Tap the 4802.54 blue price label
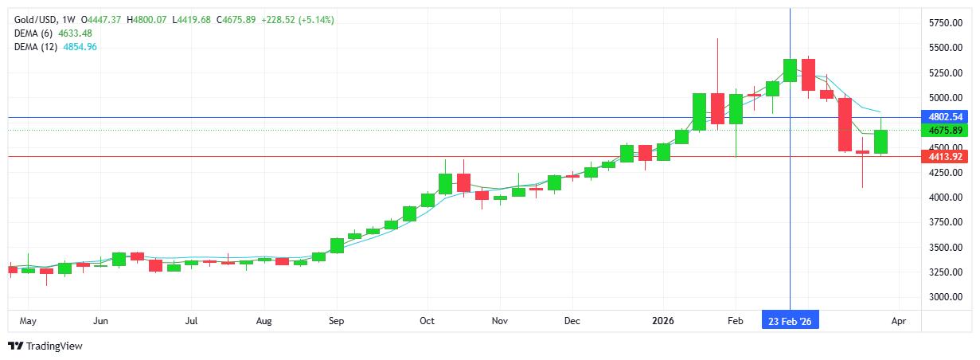tap(946, 117)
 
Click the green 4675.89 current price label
tap(946, 130)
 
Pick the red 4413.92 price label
tap(946, 157)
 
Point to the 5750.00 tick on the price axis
tap(946, 23)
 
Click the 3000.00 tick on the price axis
tap(946, 297)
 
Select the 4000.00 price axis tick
tap(946, 198)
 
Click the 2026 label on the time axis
tap(662, 321)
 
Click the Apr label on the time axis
tap(898, 321)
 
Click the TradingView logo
tap(45, 346)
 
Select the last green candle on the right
tap(880, 142)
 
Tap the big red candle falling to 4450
tap(845, 124)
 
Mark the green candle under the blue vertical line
tap(790, 70)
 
